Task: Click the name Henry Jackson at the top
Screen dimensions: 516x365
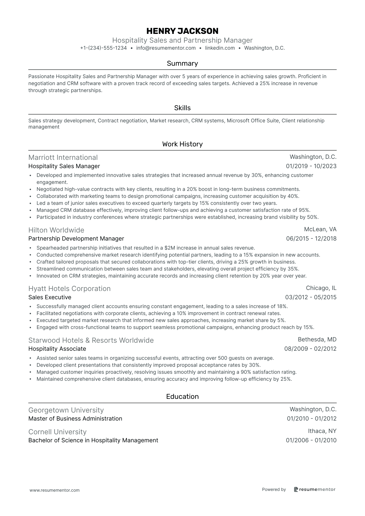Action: point(182,31)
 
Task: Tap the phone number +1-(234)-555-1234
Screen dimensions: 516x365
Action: point(104,48)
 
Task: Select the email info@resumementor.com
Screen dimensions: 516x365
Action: point(166,48)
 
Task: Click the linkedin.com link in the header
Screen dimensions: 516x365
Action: point(220,48)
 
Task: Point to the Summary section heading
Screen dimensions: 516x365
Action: point(182,63)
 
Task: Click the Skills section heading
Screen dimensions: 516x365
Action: point(182,108)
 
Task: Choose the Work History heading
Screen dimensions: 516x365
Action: point(182,144)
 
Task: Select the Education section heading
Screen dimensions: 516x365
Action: point(182,397)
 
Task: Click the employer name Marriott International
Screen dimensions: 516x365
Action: point(63,158)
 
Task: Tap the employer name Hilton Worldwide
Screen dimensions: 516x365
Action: point(56,230)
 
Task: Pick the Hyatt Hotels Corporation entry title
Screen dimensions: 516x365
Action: point(69,289)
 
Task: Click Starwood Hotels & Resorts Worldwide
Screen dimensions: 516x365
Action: point(91,340)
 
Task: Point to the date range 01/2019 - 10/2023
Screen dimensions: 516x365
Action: point(311,166)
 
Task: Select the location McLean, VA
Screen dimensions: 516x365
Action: point(320,229)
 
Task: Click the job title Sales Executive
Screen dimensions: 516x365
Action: point(50,297)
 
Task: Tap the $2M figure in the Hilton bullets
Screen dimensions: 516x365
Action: point(170,248)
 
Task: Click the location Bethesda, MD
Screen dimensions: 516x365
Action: point(317,339)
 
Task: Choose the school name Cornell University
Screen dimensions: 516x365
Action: point(57,432)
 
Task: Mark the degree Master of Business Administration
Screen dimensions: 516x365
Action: point(75,418)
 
